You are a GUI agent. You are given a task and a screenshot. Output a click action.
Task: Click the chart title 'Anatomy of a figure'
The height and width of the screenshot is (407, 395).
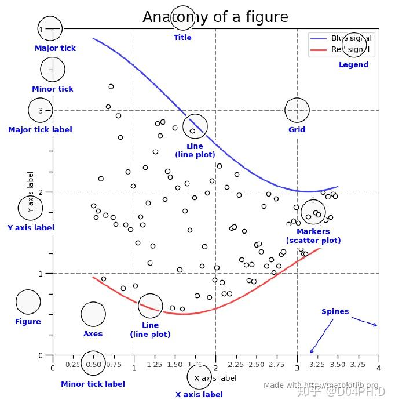[x=215, y=17]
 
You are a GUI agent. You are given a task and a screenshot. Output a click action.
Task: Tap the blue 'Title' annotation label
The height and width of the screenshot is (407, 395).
[x=182, y=38]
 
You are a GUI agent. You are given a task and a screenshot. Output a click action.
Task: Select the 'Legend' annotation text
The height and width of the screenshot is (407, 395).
[x=353, y=65]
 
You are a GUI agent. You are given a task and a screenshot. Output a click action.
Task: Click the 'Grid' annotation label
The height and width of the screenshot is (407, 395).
[x=297, y=130]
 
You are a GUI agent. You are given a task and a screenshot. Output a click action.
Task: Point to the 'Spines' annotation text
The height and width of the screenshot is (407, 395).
[x=335, y=312]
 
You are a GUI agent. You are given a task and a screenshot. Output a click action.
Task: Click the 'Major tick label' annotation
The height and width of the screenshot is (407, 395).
[x=40, y=130]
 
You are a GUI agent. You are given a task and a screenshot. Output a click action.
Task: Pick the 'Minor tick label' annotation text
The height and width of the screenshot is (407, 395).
[x=93, y=384]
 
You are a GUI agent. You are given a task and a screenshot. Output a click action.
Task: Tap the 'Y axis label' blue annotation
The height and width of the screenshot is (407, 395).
[x=31, y=228]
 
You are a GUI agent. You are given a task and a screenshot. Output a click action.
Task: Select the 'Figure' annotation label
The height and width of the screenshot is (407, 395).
[x=28, y=322]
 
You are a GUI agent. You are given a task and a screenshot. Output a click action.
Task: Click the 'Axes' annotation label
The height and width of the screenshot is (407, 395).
[x=93, y=334]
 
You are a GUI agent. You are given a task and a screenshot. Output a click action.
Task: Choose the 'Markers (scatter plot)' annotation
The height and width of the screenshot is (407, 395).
[x=313, y=236]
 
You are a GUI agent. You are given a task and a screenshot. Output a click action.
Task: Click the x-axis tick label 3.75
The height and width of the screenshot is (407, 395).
[x=359, y=365]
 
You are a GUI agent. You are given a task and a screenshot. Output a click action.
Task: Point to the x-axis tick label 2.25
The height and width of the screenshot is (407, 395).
[x=236, y=365]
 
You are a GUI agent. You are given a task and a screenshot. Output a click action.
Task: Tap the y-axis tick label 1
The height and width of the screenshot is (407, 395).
[x=41, y=274]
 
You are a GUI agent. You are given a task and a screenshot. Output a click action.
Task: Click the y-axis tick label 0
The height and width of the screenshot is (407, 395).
[x=41, y=355]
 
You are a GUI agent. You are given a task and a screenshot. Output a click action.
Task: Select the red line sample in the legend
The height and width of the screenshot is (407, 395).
[x=319, y=50]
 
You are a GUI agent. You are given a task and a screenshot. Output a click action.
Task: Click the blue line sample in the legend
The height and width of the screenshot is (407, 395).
[x=319, y=38]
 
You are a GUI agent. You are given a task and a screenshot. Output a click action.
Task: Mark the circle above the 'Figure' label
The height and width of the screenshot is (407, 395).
[x=28, y=301]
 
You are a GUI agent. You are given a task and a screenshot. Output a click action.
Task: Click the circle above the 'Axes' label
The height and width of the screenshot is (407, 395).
[x=93, y=314]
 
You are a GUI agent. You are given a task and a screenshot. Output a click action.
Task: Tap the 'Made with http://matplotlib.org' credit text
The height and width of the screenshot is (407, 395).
[x=321, y=386]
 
